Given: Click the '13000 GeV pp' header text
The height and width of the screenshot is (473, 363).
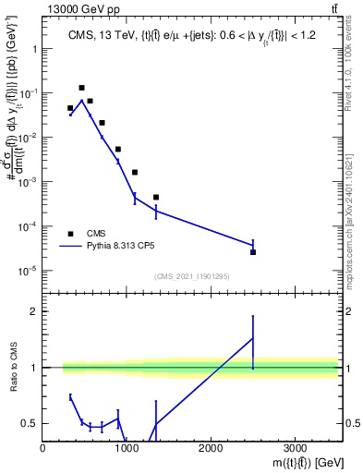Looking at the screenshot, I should click(x=79, y=8).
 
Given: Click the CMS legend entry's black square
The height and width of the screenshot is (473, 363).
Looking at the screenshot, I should click(x=70, y=234).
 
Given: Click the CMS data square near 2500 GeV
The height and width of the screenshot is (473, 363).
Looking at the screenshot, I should click(x=253, y=252).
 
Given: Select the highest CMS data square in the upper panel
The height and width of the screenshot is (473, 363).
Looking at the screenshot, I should click(x=81, y=88).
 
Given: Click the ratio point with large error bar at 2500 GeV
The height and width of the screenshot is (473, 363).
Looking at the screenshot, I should click(x=253, y=338).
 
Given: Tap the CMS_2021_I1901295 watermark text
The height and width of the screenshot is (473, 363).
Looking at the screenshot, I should click(x=191, y=276).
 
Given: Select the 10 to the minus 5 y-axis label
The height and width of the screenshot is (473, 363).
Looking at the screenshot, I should click(x=28, y=271).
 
